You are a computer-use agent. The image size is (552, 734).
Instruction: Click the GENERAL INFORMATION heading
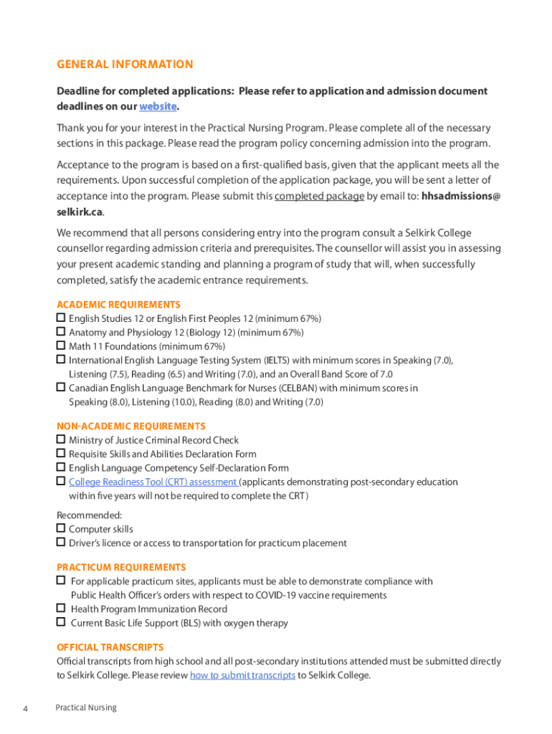coord(125,65)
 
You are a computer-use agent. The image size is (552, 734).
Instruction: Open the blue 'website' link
coord(157,106)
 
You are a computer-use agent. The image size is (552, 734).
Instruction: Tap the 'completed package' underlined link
coord(319,196)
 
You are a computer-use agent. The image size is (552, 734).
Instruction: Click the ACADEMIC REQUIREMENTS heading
coord(118,305)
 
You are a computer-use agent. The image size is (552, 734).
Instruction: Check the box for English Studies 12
coord(61,318)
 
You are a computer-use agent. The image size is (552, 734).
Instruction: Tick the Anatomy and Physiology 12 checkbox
coord(61,332)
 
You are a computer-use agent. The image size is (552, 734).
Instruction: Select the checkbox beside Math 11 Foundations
coord(61,345)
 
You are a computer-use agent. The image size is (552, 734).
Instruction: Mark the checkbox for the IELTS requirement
coord(61,360)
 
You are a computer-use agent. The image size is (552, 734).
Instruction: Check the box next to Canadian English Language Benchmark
coord(61,388)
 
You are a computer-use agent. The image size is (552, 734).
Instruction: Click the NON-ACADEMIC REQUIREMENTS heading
coord(131,426)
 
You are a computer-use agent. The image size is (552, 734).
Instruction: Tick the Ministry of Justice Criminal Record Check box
coord(61,439)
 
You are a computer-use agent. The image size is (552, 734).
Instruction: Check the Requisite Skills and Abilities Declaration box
coord(61,454)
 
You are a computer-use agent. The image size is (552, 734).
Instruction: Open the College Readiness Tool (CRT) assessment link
coord(153,482)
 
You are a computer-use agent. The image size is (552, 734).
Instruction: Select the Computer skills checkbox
coord(61,528)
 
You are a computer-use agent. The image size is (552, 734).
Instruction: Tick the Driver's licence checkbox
coord(61,543)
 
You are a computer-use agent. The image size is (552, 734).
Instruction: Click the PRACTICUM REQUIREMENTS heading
coord(121,567)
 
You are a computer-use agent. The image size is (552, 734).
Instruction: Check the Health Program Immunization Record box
coord(61,609)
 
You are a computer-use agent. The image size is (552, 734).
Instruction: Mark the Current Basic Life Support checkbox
coord(61,622)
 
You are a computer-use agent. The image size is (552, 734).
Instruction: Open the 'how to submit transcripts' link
coord(242,675)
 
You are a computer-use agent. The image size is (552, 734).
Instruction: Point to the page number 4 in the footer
coord(25,708)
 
